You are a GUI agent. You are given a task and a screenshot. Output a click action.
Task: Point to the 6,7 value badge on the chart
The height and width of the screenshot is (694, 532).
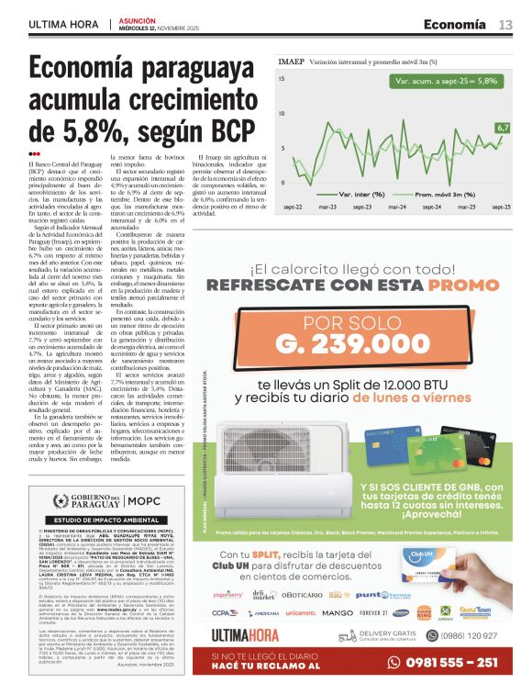(502, 128)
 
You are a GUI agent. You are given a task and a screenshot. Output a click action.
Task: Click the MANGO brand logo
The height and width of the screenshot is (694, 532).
(338, 612)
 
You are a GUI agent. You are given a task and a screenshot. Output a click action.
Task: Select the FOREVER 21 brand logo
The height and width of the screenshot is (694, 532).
(373, 612)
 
